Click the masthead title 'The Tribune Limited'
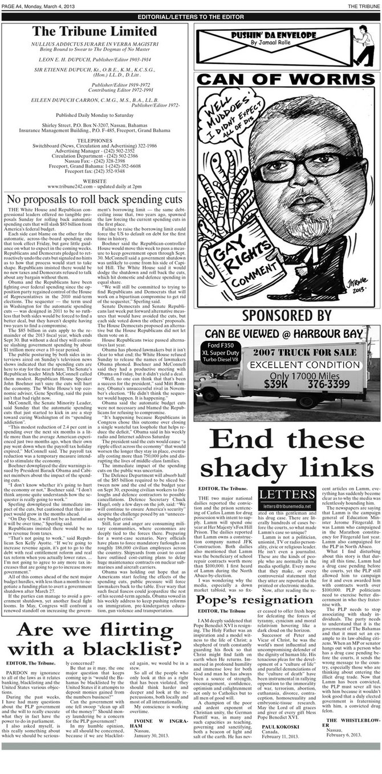[x=95, y=31]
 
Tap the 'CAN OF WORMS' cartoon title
[x=287, y=79]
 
